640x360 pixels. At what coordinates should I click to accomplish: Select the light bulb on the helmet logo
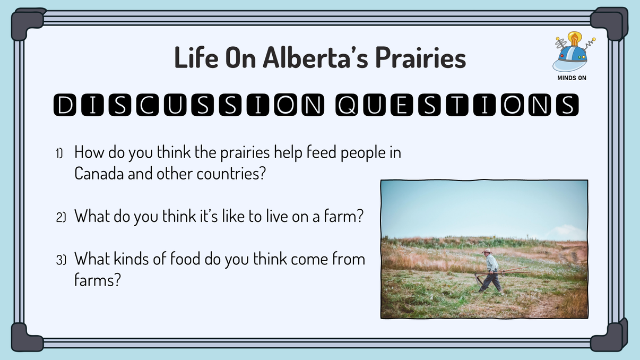click(574, 39)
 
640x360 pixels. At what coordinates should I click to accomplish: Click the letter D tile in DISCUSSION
click(65, 106)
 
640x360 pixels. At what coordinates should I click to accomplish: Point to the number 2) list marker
click(60, 218)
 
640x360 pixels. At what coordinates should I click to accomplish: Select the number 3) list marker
click(60, 260)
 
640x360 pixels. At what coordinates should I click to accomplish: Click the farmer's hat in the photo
click(486, 251)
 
